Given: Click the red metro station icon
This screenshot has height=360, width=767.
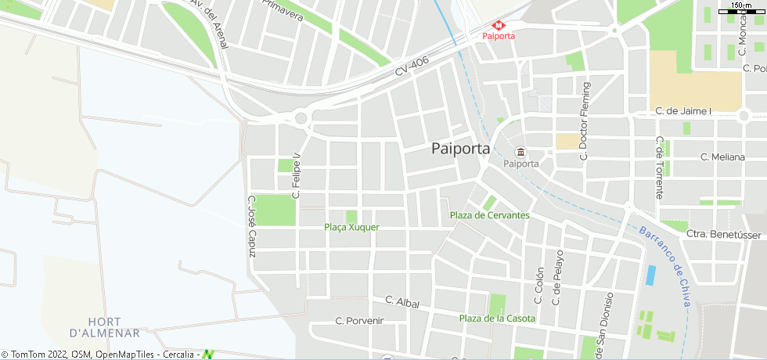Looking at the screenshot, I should [499, 24].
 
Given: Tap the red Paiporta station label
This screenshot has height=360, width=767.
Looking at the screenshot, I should [499, 36].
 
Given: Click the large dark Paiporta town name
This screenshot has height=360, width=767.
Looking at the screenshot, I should [460, 148].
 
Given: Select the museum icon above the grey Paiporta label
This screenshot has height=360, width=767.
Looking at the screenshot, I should [520, 152].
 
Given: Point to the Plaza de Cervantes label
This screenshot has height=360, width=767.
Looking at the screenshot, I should [490, 215].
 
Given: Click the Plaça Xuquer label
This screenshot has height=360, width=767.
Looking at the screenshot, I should [351, 227].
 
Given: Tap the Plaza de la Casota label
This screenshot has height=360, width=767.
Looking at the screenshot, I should [497, 318].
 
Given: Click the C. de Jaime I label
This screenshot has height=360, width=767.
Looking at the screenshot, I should [683, 111].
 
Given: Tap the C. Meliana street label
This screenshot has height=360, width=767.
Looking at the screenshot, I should [722, 157].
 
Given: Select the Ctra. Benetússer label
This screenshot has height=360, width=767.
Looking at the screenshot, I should [723, 234].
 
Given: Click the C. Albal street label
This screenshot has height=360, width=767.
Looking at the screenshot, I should [402, 302].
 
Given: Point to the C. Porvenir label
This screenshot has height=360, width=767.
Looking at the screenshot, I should [359, 320].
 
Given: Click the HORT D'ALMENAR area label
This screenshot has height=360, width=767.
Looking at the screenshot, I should [103, 327].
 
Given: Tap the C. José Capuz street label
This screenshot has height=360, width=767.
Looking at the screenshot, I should [251, 227].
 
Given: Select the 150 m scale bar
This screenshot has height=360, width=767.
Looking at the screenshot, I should [740, 9].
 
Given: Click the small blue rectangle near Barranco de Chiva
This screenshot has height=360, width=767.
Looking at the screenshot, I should [651, 275].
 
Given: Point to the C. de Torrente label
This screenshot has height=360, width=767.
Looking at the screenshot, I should [660, 167].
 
